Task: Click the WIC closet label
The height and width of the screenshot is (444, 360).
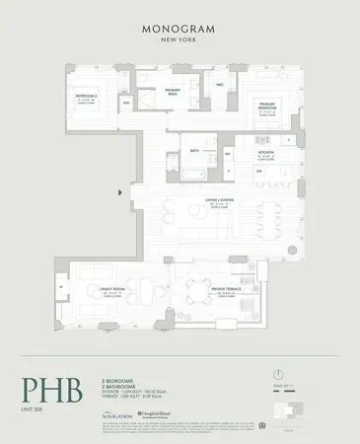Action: pyautogui.click(x=221, y=84)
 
